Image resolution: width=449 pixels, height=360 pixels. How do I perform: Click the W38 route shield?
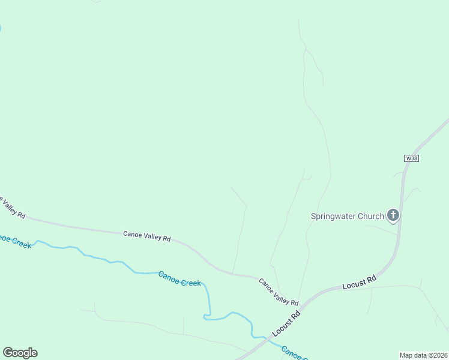pyautogui.click(x=411, y=158)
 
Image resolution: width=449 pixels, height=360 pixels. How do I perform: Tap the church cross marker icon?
pyautogui.click(x=393, y=215)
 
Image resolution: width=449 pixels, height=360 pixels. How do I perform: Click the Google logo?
pyautogui.click(x=20, y=353)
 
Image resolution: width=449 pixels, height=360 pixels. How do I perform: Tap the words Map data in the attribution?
pyautogui.click(x=414, y=355)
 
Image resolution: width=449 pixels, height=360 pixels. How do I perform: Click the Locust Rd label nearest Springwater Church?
pyautogui.click(x=359, y=283)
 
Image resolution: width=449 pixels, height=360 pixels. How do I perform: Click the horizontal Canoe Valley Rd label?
pyautogui.click(x=147, y=236)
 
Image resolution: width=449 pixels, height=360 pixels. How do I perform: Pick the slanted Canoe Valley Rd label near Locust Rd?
pyautogui.click(x=279, y=292)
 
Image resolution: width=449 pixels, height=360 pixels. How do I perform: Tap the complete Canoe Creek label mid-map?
pyautogui.click(x=179, y=279)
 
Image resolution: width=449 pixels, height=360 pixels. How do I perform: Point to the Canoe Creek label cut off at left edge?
pyautogui.click(x=15, y=241)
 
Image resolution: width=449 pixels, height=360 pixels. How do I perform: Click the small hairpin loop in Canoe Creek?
pyautogui.click(x=207, y=314)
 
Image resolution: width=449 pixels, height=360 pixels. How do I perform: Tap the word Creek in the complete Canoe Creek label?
pyautogui.click(x=190, y=281)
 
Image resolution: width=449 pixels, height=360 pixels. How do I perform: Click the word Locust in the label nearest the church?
pyautogui.click(x=354, y=284)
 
